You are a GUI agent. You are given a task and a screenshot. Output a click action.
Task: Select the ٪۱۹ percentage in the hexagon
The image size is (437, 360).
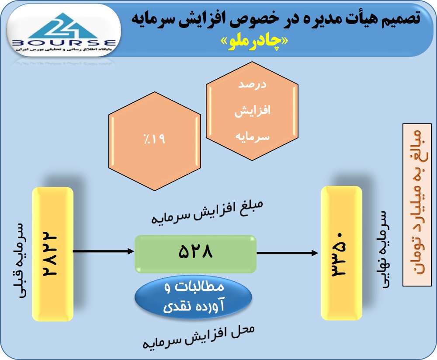point(154,139)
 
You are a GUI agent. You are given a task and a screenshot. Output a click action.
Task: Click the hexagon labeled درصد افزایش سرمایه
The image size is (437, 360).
point(252,111)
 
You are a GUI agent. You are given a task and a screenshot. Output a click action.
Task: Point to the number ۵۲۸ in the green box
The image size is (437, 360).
point(195,252)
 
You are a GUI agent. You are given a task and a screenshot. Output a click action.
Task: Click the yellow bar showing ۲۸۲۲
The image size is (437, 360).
point(53,254)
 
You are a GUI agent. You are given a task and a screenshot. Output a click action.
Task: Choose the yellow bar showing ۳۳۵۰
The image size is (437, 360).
point(341,253)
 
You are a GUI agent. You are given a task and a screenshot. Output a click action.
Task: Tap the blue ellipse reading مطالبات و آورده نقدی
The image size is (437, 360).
point(194,297)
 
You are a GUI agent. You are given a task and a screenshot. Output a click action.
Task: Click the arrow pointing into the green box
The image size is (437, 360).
point(104,251)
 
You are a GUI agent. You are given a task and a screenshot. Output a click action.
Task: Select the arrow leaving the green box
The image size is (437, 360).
point(288,253)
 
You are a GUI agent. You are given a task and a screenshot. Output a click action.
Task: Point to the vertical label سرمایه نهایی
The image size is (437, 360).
point(384,249)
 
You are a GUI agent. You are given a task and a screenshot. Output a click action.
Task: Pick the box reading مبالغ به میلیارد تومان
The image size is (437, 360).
point(417,205)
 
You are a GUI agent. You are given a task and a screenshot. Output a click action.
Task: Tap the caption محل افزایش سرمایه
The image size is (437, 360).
point(198,337)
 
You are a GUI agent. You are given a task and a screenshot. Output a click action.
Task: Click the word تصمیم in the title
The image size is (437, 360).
point(401,18)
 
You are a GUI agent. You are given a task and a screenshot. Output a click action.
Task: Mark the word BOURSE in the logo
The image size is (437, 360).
point(64,43)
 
